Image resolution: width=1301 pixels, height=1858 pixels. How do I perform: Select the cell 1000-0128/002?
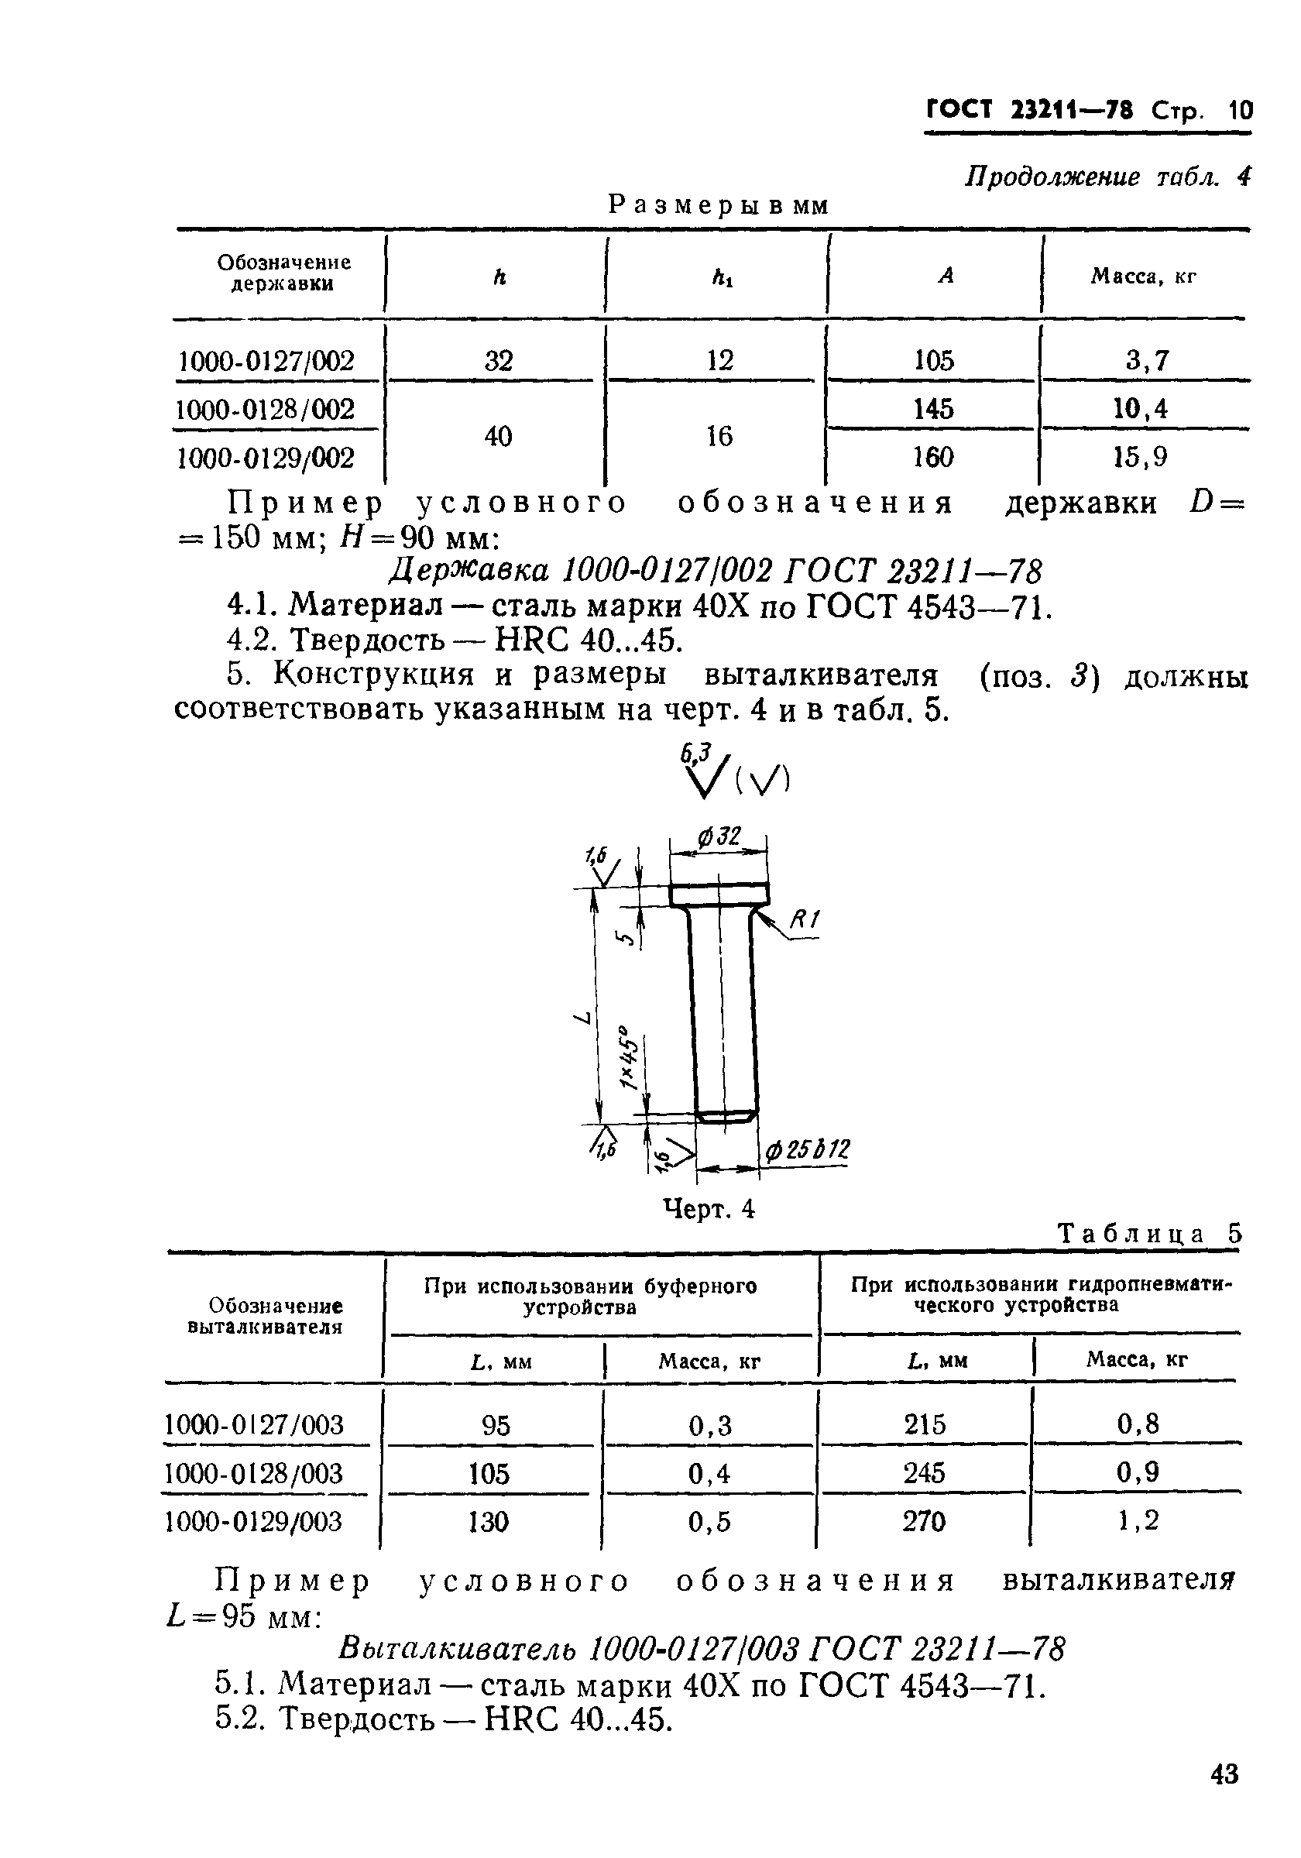(x=266, y=410)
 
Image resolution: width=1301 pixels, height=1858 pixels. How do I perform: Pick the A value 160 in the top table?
(x=933, y=458)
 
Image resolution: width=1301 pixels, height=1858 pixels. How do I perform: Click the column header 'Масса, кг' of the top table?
(x=1142, y=276)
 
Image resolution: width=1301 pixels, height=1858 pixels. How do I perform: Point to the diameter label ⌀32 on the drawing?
(x=719, y=836)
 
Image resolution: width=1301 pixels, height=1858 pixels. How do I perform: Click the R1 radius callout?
(x=805, y=919)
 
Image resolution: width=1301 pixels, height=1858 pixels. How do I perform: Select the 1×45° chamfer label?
(x=629, y=1059)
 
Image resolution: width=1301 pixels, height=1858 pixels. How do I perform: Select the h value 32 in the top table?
(x=499, y=360)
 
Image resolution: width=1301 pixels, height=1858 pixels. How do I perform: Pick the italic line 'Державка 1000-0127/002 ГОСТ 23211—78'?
(x=716, y=572)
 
